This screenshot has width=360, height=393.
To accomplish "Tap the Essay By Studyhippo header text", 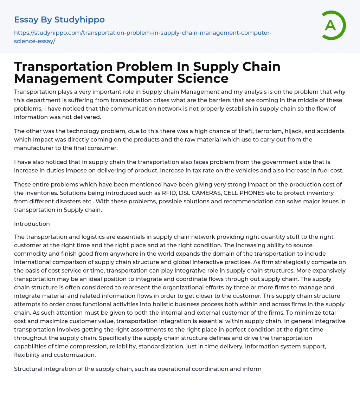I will (59, 20).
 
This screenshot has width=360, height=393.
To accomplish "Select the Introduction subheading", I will (32, 224).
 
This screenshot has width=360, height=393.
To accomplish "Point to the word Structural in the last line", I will (28, 369).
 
